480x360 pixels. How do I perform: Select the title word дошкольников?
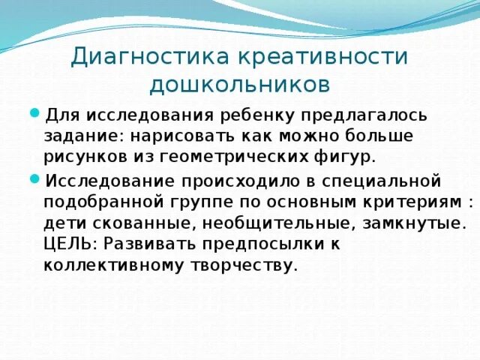click(x=239, y=84)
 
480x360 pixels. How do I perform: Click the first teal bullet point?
click(x=34, y=113)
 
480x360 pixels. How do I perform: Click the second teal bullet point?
click(x=34, y=179)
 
